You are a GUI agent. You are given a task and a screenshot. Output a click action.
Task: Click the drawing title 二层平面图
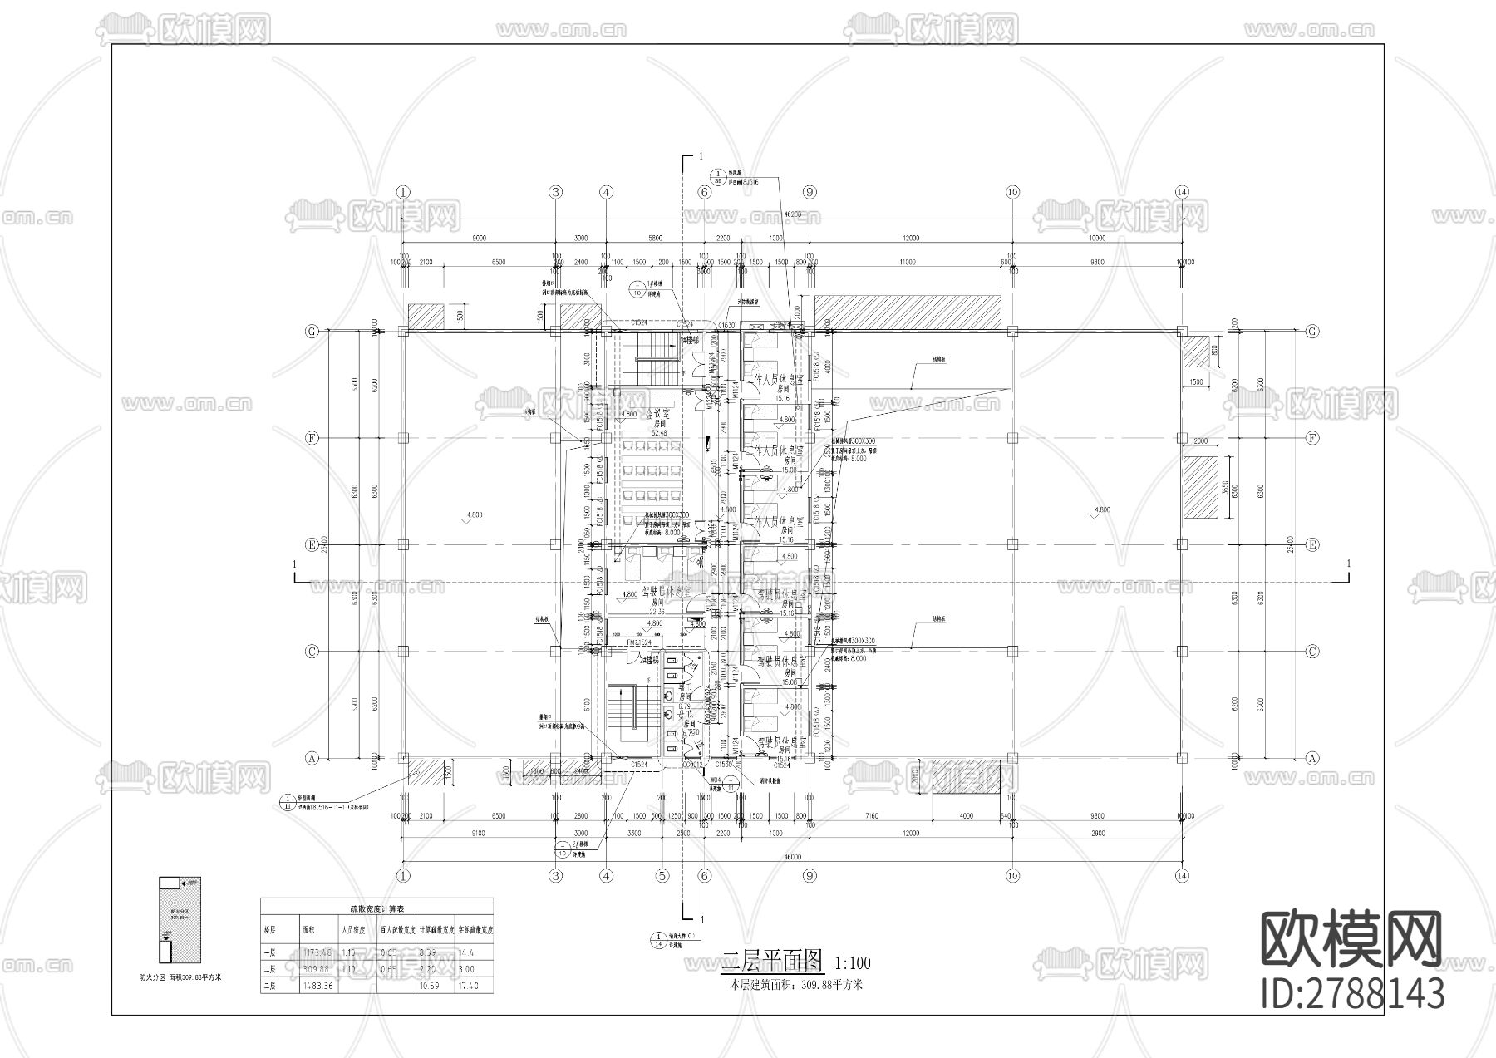point(772,962)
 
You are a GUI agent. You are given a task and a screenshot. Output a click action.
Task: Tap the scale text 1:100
point(852,963)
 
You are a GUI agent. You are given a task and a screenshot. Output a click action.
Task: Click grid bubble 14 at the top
point(1182,192)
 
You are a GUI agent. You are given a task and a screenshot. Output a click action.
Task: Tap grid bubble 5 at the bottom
point(662,875)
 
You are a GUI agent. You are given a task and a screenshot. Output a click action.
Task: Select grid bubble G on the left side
point(312,331)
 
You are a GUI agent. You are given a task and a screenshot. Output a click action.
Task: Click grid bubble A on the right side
point(1312,758)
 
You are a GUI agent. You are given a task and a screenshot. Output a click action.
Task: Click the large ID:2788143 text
point(1352,993)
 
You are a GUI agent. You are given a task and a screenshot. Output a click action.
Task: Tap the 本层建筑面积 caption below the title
point(796,985)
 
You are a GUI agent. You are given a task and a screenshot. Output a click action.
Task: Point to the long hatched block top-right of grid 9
point(908,312)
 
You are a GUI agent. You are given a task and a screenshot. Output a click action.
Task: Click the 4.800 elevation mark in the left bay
point(475,514)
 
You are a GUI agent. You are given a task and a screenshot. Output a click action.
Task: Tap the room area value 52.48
point(658,432)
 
